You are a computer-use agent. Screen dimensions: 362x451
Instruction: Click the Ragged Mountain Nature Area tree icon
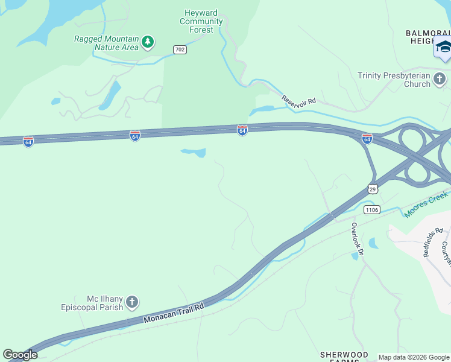coord(148,43)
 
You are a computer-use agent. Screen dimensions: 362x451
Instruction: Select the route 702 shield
coord(179,49)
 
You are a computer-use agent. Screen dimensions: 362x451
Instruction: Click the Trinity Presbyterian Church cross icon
coord(440,79)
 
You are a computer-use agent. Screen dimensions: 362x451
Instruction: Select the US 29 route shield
coord(373,188)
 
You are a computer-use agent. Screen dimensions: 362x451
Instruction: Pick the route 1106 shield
coord(371,209)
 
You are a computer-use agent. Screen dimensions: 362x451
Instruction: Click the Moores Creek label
coord(427,205)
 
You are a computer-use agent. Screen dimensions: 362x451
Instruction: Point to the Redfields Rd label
coord(433,242)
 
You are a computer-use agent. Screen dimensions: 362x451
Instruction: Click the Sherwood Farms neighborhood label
coord(344,357)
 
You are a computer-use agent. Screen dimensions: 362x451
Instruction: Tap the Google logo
coord(20,355)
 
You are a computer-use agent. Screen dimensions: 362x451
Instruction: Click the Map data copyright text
coord(413,357)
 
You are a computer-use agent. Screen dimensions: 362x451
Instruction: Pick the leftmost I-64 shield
coord(28,141)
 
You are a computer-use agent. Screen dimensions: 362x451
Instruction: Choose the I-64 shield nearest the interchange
coord(367,139)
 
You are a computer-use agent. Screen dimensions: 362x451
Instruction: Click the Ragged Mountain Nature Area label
coord(106,43)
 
